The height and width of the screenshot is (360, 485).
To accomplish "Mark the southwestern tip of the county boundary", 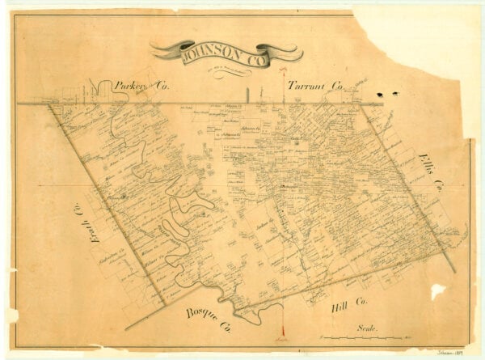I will [x=126, y=329].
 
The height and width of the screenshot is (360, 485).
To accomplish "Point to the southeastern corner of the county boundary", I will [x=453, y=272].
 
